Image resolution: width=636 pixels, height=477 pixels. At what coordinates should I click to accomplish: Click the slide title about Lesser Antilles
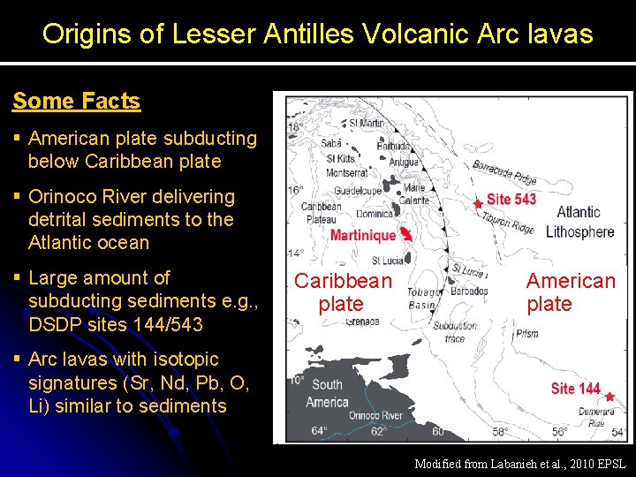pos(318,34)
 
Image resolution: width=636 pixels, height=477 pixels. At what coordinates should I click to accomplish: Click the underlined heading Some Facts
pos(76,101)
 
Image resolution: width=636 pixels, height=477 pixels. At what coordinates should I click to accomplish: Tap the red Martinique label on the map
pos(363,235)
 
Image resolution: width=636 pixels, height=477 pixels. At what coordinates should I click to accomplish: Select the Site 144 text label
pos(575,389)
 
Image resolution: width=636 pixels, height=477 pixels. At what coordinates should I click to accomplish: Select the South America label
pos(327,393)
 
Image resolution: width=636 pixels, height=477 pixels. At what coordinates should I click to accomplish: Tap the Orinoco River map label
pos(375,415)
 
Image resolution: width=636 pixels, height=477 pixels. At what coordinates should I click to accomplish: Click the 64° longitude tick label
pos(320,431)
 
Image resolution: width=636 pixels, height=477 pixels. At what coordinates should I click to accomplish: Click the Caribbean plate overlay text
pos(343,292)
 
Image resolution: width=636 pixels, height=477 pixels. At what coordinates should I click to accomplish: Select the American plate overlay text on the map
pos(571,292)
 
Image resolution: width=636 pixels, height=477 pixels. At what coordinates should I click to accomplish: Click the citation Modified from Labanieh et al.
pos(519,464)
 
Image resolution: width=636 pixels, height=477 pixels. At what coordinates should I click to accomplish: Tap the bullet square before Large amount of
pos(17,278)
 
